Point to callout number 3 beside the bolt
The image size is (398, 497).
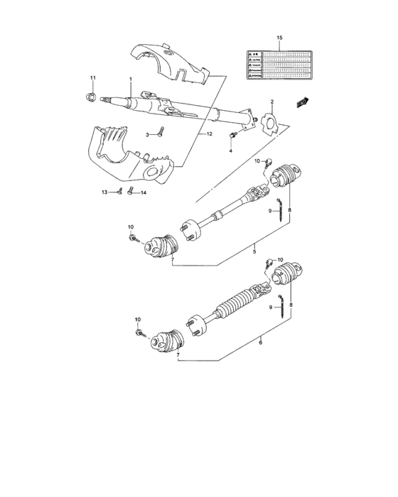(x=148, y=133)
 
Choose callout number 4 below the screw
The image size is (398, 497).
(x=231, y=151)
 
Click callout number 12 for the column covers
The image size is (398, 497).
(x=210, y=133)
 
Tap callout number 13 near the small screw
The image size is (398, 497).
(x=104, y=192)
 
